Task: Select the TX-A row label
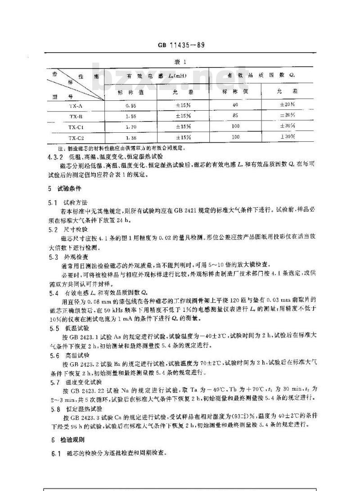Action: (x=75, y=106)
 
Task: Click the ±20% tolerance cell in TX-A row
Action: (x=288, y=106)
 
